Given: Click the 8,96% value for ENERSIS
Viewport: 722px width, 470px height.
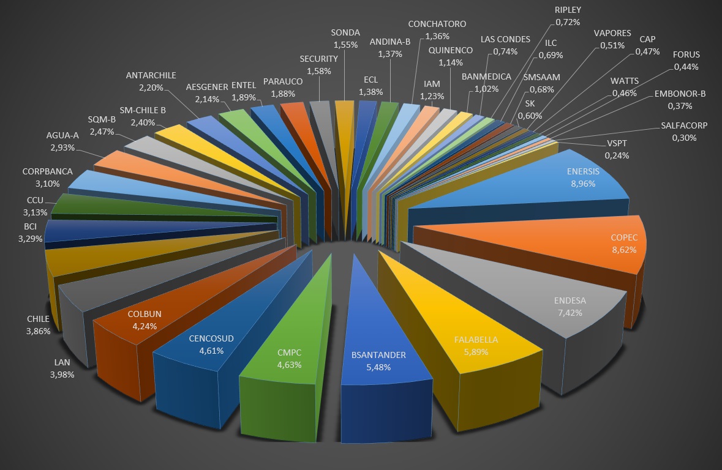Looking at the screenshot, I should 583,184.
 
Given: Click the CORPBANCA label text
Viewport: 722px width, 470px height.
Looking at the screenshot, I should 47,171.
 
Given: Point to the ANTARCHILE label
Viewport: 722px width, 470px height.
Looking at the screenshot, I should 151,75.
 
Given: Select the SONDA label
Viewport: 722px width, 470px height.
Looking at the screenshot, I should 345,32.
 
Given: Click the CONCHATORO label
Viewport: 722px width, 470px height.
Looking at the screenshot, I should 437,24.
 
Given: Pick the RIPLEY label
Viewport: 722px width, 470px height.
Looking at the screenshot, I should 568,10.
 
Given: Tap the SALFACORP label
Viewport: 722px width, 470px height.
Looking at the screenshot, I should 684,125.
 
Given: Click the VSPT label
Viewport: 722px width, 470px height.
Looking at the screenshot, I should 617,144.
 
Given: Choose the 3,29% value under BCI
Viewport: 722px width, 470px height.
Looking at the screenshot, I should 31,239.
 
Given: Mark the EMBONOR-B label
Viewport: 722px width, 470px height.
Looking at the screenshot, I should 680,94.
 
